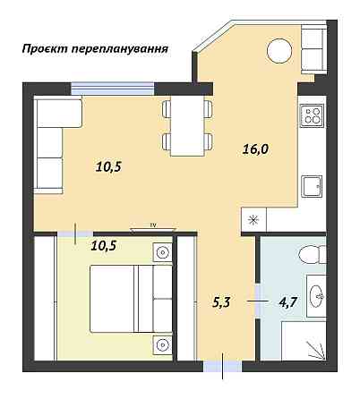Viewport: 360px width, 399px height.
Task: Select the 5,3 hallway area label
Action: pyautogui.click(x=222, y=301)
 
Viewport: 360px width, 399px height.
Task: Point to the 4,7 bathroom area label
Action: pyautogui.click(x=287, y=301)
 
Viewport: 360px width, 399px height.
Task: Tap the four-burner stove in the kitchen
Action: pyautogui.click(x=313, y=115)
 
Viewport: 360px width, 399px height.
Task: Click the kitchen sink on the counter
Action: pyautogui.click(x=312, y=185)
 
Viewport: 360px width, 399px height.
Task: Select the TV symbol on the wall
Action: pyautogui.click(x=153, y=226)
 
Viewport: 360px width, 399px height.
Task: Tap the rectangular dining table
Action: pyautogui.click(x=188, y=126)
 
